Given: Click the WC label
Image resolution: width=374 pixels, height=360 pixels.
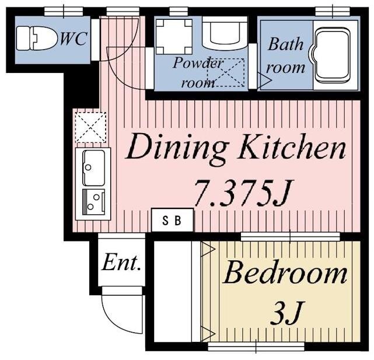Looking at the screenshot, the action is (x=73, y=39).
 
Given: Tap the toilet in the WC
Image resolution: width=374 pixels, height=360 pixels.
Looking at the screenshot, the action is (x=37, y=39).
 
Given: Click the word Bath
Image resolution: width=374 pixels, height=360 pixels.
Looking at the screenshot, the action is (x=285, y=44).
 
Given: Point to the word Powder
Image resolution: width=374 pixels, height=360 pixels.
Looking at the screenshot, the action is (x=198, y=63).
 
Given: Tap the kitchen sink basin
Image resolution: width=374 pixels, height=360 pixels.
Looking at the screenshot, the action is (x=93, y=167).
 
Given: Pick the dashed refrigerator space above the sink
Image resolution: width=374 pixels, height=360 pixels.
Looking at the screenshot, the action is (x=90, y=127).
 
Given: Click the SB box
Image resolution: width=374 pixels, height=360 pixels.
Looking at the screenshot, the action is (x=173, y=220).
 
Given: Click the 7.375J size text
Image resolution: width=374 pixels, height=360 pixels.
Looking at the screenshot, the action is (x=243, y=193).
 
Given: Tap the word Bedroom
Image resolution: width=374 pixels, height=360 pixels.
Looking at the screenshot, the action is (x=285, y=273).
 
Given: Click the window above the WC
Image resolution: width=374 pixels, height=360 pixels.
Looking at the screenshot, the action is (x=64, y=11).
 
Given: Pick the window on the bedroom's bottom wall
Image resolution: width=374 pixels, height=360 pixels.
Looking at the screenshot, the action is (x=256, y=347).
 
